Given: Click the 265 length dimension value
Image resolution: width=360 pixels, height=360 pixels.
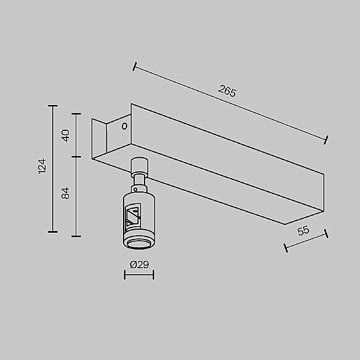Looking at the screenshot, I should coord(227,92).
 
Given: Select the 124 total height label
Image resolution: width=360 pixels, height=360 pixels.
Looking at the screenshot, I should coord(41,166).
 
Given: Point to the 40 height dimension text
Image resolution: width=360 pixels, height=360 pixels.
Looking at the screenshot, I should coord(66,135).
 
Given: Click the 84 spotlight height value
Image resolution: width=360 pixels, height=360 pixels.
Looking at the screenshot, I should coord(66,193).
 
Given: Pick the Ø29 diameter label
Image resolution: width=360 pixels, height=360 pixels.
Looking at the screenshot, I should coord(139,264).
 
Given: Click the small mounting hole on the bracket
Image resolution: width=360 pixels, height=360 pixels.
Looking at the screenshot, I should coord(124,127).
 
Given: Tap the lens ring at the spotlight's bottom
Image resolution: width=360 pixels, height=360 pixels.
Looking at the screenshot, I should coord(139,242).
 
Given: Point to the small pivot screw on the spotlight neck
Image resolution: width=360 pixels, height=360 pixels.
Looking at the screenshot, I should coord(138,188).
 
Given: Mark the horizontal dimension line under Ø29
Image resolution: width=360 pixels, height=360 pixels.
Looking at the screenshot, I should coord(139,275).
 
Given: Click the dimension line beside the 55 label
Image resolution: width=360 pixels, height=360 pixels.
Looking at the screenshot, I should coord(305,241).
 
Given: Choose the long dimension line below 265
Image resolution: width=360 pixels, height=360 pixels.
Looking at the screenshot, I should coord(230,103).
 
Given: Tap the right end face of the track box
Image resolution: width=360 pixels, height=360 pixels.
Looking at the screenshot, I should coord(304,199).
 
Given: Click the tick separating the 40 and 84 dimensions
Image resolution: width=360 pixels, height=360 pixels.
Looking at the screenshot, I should coord(76,157).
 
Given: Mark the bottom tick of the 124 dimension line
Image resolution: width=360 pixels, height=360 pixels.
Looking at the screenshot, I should coord(53,232).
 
